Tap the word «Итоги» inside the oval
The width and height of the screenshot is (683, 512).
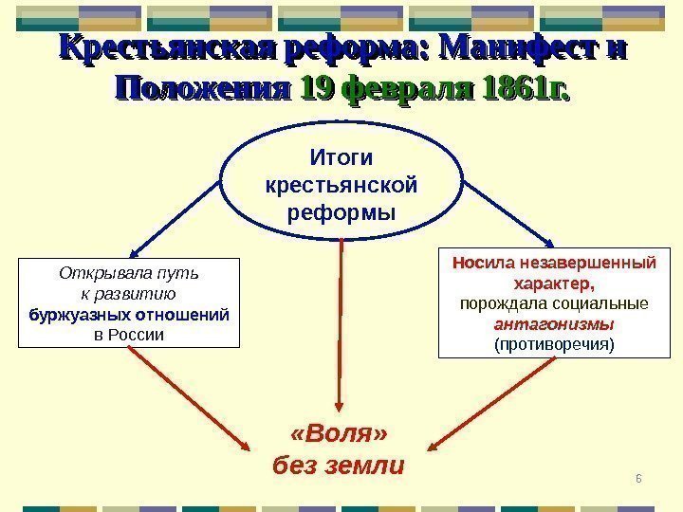pyautogui.click(x=341, y=156)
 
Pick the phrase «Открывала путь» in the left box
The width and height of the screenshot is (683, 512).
pyautogui.click(x=130, y=274)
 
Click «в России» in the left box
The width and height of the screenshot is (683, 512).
pyautogui.click(x=130, y=335)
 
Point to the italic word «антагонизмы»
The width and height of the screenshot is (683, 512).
pyautogui.click(x=554, y=324)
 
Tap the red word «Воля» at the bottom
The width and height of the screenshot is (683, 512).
pyautogui.click(x=340, y=434)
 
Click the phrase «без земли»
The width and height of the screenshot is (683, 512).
pyautogui.click(x=339, y=466)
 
